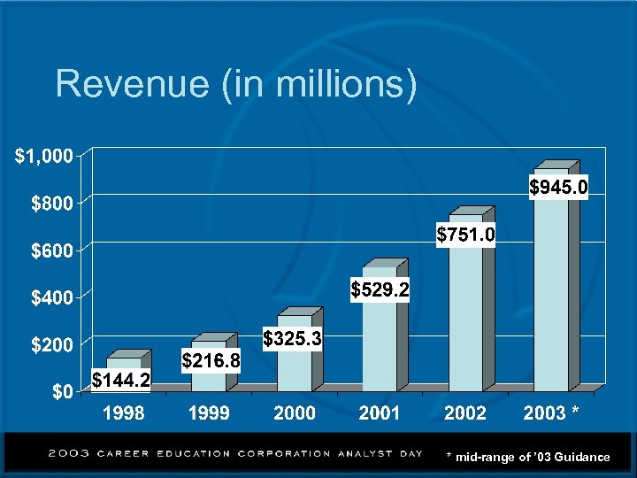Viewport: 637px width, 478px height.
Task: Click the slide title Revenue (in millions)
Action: pyautogui.click(x=235, y=85)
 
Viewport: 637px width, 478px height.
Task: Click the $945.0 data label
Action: pyautogui.click(x=558, y=187)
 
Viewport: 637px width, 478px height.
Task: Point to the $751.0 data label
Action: pyautogui.click(x=466, y=235)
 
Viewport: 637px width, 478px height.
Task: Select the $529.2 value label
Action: pyautogui.click(x=380, y=289)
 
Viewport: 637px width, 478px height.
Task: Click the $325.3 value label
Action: pyautogui.click(x=293, y=339)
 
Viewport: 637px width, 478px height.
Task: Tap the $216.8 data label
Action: pyautogui.click(x=211, y=359)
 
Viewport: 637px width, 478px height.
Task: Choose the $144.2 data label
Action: pyautogui.click(x=122, y=381)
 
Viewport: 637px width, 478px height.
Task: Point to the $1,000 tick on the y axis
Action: pyautogui.click(x=42, y=157)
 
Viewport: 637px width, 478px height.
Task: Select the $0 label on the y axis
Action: pyautogui.click(x=60, y=392)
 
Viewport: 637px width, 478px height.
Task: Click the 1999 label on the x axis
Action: pyautogui.click(x=209, y=413)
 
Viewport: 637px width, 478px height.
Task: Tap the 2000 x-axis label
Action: pyautogui.click(x=294, y=413)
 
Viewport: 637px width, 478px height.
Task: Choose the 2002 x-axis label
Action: pyautogui.click(x=464, y=413)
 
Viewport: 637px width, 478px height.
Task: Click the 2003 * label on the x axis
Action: pyautogui.click(x=551, y=413)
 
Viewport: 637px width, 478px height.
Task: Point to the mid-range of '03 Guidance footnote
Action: pyautogui.click(x=527, y=457)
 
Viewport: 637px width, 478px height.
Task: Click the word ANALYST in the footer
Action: pyautogui.click(x=365, y=453)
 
